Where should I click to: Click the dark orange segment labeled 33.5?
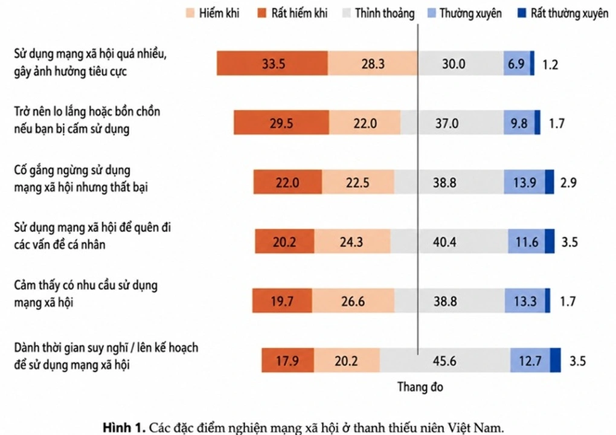click(272, 63)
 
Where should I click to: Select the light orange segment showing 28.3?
click(373, 63)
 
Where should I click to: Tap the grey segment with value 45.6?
click(445, 360)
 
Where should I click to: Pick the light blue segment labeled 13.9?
click(524, 182)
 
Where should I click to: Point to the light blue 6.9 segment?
click(517, 63)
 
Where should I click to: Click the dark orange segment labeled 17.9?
click(288, 360)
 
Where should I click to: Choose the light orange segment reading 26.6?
click(353, 301)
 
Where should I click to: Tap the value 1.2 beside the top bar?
click(550, 64)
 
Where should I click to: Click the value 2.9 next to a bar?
click(568, 182)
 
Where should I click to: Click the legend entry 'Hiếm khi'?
click(213, 13)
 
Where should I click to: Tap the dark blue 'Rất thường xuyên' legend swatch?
click(522, 13)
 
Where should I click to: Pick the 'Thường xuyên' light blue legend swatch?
click(431, 13)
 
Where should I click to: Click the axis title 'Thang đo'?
click(420, 387)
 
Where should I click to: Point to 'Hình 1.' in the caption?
click(124, 427)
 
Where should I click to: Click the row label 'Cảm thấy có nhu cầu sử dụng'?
click(86, 285)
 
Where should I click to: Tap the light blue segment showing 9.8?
click(519, 123)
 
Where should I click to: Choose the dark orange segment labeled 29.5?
click(281, 123)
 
